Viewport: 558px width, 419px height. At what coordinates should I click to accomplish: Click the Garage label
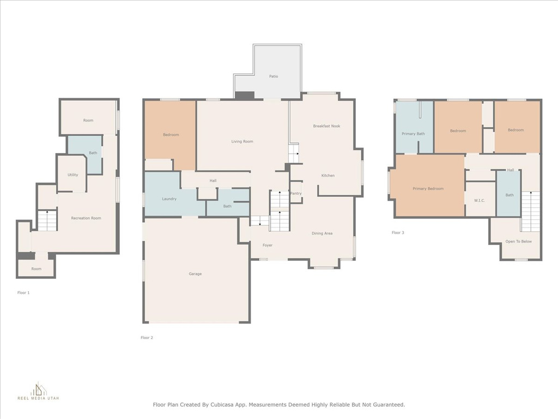coord(195,274)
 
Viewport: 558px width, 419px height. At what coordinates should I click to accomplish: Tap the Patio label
coord(274,76)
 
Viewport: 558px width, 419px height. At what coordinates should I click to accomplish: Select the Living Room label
coord(242,141)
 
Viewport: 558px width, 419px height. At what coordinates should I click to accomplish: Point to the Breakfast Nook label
coord(326,126)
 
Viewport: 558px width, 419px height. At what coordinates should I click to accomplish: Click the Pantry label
coord(296,194)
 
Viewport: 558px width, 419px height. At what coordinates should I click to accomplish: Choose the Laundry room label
coord(169,199)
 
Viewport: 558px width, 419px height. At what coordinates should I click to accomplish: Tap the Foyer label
coord(268,245)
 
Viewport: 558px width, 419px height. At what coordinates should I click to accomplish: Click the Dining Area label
coord(322,234)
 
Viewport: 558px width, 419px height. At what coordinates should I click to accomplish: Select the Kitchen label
coord(327,175)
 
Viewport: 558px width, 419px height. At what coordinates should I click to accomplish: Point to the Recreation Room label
coord(86,218)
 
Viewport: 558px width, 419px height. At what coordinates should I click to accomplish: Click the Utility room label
coord(72,175)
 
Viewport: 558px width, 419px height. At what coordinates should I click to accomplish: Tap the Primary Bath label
coord(413,134)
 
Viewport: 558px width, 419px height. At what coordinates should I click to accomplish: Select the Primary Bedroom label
coord(428,189)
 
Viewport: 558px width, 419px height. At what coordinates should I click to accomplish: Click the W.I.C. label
coord(480,201)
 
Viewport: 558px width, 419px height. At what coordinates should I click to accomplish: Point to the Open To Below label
coord(519,242)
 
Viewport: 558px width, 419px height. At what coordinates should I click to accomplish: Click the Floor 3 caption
coord(398,232)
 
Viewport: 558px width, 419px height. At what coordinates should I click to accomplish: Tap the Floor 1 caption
coord(23,292)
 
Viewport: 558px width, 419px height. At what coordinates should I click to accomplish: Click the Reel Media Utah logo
coord(39,391)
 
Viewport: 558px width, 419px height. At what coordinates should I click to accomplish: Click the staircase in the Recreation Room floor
coord(47,220)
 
